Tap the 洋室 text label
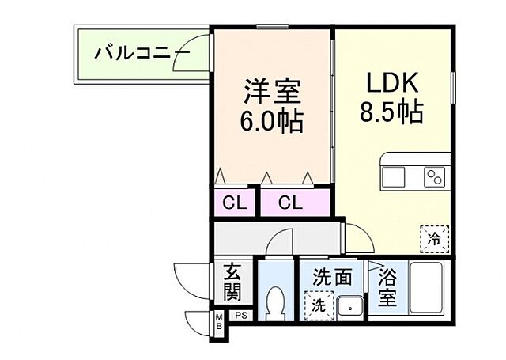click(x=271, y=92)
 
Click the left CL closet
click(x=234, y=203)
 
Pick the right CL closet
click(x=290, y=203)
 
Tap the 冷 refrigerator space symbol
click(x=434, y=237)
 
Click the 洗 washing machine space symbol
click(x=318, y=304)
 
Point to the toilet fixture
click(x=275, y=301)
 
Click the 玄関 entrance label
click(x=232, y=282)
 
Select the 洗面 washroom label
click(x=331, y=278)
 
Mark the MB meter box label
click(x=218, y=323)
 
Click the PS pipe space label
click(x=240, y=316)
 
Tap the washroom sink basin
click(x=349, y=303)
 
